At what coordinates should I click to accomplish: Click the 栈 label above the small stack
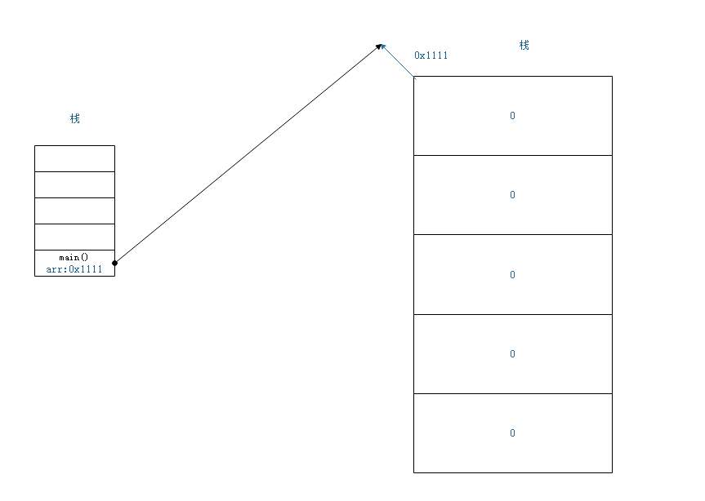tap(75, 118)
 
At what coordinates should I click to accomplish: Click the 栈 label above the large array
tap(524, 45)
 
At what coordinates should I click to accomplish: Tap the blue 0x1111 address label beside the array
tap(431, 55)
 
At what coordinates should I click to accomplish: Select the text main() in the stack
tap(74, 257)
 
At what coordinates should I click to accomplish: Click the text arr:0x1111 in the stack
tap(74, 269)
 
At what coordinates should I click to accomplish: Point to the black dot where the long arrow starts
tap(115, 263)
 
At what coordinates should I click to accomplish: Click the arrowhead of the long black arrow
tap(379, 47)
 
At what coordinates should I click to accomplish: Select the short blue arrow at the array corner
tap(398, 61)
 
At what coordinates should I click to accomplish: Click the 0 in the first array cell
tap(512, 116)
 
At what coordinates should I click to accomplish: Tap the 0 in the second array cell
tap(512, 195)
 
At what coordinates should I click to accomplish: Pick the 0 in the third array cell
tap(512, 275)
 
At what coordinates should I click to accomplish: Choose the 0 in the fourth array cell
tap(512, 354)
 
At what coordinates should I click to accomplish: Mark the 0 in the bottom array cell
tap(512, 433)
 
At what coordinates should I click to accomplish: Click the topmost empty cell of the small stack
tap(74, 158)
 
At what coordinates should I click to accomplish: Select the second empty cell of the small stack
tap(74, 184)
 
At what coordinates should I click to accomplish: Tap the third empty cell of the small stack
tap(74, 211)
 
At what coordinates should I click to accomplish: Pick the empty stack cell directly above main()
tap(74, 237)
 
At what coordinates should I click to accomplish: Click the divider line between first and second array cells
tap(512, 155)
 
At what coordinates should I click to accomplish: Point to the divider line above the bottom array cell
tap(512, 393)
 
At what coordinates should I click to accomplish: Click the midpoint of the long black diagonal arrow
tap(248, 154)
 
